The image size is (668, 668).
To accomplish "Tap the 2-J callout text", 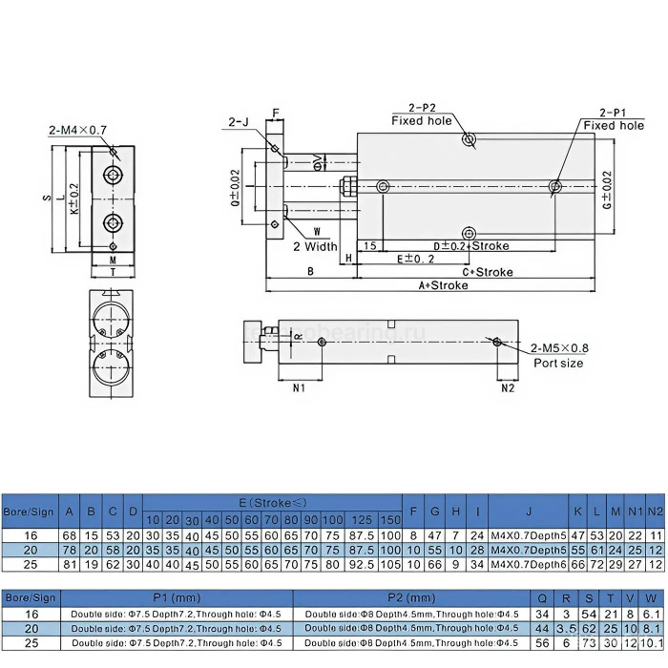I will pyautogui.click(x=239, y=121).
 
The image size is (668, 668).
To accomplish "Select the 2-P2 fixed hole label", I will pyautogui.click(x=421, y=115).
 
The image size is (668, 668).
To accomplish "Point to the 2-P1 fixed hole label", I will pyautogui.click(x=614, y=118).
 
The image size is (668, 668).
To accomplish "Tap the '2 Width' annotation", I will pyautogui.click(x=315, y=246).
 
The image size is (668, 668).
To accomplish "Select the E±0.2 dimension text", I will pyautogui.click(x=415, y=259).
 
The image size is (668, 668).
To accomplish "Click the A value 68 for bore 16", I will pyautogui.click(x=69, y=536).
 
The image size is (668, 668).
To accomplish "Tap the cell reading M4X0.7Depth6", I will pyautogui.click(x=528, y=565).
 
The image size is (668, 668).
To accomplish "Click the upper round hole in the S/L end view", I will pyautogui.click(x=113, y=177).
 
